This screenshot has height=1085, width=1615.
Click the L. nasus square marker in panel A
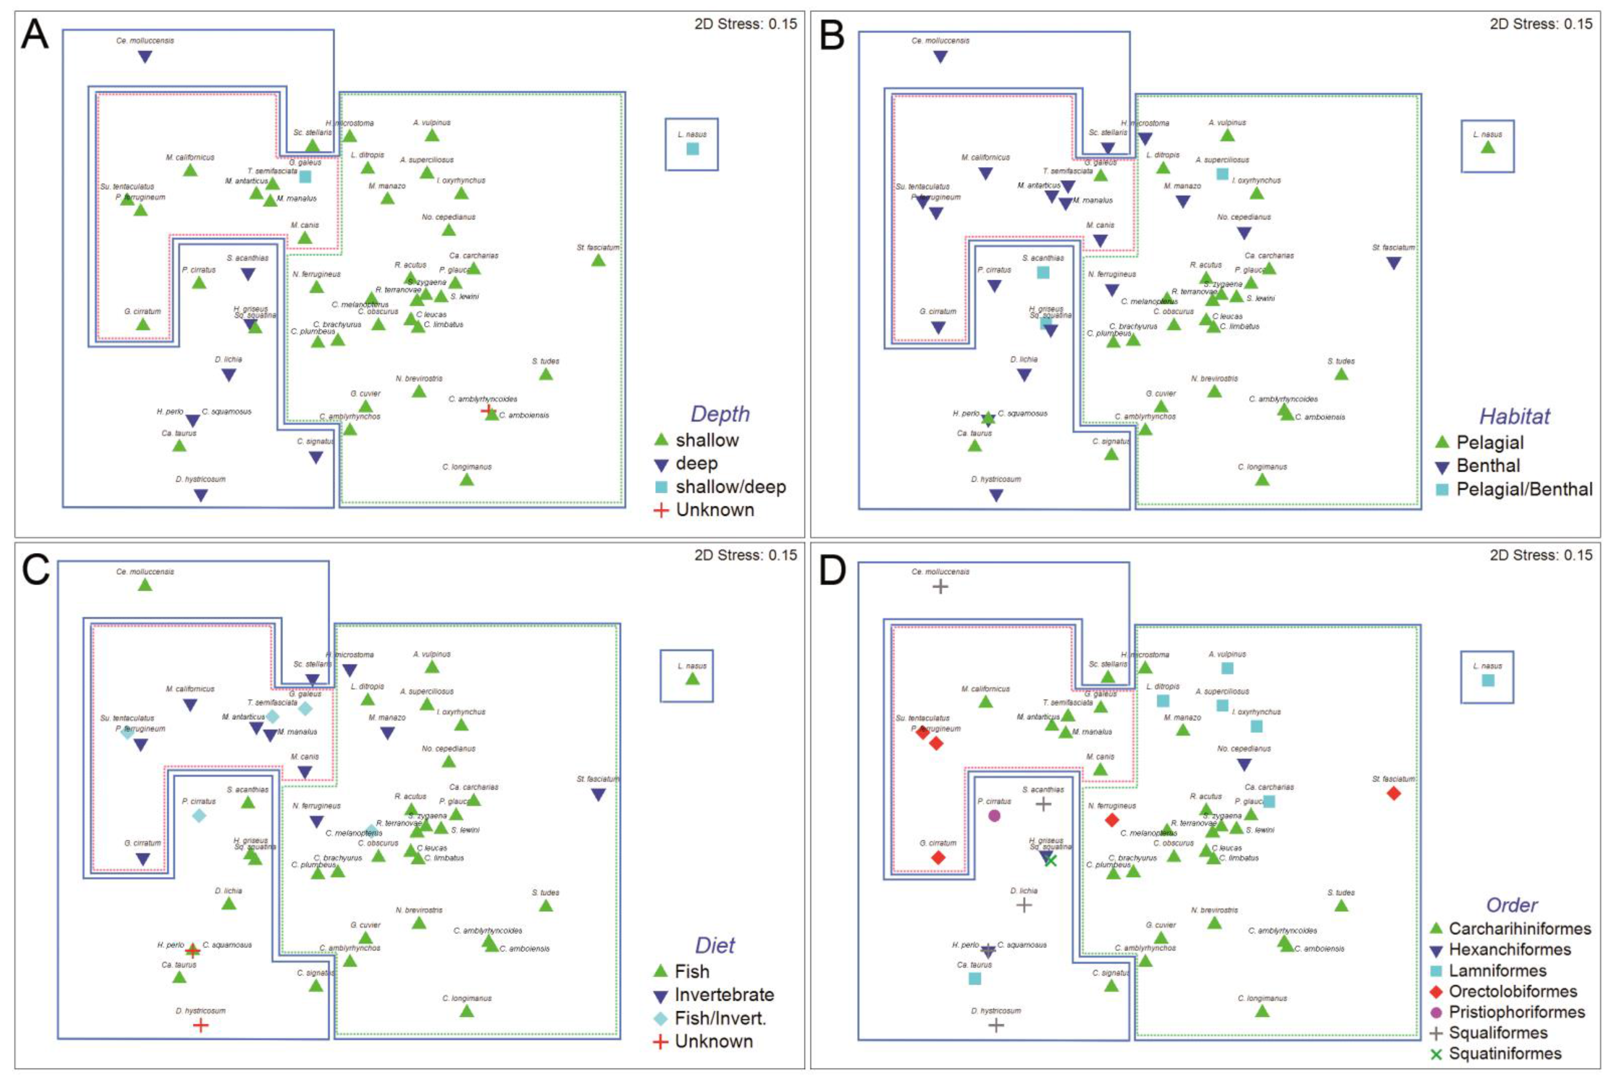coord(692,149)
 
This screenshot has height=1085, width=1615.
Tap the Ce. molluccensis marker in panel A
coord(145,57)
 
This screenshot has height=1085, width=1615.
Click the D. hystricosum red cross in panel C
coord(200,1025)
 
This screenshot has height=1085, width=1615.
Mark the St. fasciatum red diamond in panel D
coord(1394,793)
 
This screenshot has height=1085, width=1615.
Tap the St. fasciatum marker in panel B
coord(1394,263)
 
